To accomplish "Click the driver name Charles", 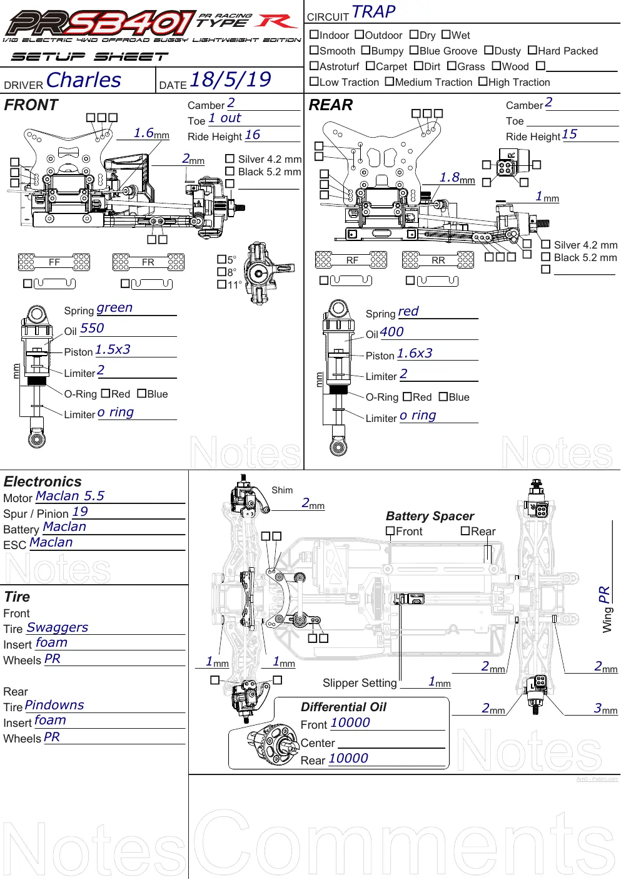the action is click(x=84, y=80).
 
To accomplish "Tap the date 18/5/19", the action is click(x=231, y=80).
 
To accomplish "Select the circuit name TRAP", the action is click(x=373, y=12).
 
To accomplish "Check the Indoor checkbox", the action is click(x=314, y=34).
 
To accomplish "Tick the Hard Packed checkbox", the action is click(x=532, y=50).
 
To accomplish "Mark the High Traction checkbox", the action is click(x=483, y=81).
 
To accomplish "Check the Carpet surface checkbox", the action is click(x=370, y=66).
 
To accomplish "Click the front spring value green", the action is click(x=114, y=308).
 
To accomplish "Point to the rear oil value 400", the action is click(x=391, y=332).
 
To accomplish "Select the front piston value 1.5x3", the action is click(x=113, y=349).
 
